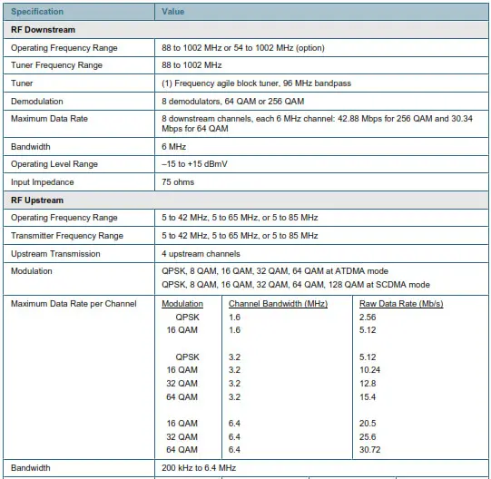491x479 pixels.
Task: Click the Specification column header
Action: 37,12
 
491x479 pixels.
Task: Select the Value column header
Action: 172,12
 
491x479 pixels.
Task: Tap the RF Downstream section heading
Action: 43,30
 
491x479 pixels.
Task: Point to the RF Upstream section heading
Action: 37,200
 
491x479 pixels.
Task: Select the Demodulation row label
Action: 37,101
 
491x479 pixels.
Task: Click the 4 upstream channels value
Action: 201,253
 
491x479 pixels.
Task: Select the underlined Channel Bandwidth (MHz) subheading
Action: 278,303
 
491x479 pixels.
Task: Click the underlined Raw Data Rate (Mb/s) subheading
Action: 400,303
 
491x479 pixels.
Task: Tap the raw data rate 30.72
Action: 371,449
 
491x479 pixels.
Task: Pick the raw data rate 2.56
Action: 368,318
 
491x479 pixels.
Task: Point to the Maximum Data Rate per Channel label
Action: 74,303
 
